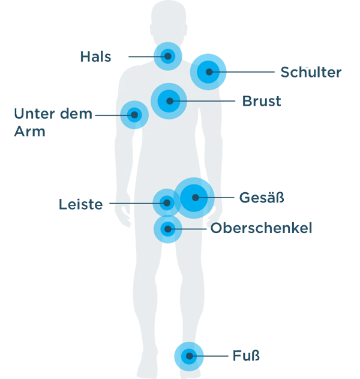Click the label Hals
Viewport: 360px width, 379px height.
95,57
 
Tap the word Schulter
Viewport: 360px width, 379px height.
311,72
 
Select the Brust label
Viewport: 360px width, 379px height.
262,101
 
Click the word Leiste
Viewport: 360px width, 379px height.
80,204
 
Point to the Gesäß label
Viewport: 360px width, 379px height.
262,198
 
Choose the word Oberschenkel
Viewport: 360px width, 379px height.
261,228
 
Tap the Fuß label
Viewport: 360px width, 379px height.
246,356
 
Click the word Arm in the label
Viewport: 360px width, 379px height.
29,132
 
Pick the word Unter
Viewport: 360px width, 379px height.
35,114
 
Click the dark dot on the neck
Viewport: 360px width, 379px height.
168,56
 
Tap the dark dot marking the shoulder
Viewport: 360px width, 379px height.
209,72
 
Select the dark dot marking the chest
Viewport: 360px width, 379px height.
170,101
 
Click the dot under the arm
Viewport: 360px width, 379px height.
134,115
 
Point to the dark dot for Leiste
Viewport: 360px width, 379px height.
167,203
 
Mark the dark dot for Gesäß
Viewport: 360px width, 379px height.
196,198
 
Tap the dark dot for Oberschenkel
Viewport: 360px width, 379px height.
168,229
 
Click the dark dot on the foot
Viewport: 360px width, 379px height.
190,356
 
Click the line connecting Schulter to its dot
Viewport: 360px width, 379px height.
242,72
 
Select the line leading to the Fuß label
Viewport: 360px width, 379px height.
209,356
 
